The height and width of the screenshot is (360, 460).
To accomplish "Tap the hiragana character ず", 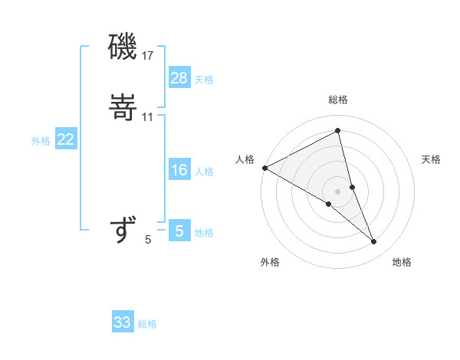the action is coord(123,229).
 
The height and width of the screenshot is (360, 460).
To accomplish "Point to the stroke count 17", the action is coord(148,55).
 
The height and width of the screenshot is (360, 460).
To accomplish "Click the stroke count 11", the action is coord(148,116).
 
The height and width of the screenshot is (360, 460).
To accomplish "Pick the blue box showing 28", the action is coord(179,78).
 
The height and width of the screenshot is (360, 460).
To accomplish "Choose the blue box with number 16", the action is coord(179,170).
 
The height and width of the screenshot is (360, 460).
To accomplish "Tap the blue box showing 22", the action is coord(66,140).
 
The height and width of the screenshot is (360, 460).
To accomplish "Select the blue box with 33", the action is coord(123,322).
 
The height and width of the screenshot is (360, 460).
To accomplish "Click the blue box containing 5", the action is coord(179,231).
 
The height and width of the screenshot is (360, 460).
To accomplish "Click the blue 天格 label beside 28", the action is coord(204,80).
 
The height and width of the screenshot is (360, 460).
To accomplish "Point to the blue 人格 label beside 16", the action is coord(204,172).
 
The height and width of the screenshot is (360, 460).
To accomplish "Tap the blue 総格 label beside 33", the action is coord(147,324).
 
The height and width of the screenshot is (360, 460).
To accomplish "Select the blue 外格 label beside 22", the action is coord(41,141).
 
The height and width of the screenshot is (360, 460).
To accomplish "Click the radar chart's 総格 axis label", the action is coord(338,100).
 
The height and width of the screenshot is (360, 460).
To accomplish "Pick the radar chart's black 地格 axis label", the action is coord(402,262).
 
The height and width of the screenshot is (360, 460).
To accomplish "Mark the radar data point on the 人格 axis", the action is coord(264,168).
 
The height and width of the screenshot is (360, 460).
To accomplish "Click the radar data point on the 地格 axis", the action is coord(374,242).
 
